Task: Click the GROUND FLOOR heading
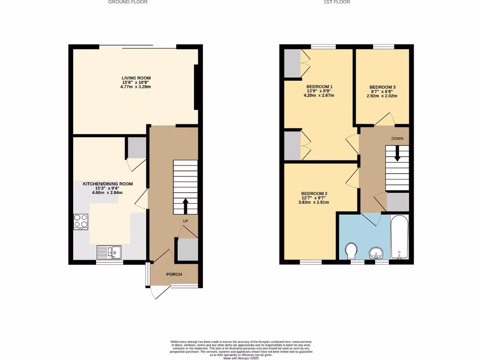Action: click(128, 2)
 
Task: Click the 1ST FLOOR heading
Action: click(337, 2)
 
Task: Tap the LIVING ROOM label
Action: click(136, 78)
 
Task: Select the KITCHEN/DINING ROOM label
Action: click(108, 184)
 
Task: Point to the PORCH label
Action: click(173, 274)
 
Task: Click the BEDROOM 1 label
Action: click(319, 87)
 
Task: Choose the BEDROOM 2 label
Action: click(314, 194)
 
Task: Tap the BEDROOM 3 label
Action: click(382, 87)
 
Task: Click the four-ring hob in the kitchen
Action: click(81, 221)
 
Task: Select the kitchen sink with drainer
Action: click(109, 252)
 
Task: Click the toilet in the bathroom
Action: click(351, 251)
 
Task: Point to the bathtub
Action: click(400, 237)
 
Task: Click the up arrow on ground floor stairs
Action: click(185, 205)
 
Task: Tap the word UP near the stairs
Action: click(186, 220)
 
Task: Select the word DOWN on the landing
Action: click(397, 139)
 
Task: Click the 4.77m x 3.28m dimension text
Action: click(136, 87)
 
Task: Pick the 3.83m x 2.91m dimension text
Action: click(314, 202)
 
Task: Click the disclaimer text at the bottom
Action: click(240, 350)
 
